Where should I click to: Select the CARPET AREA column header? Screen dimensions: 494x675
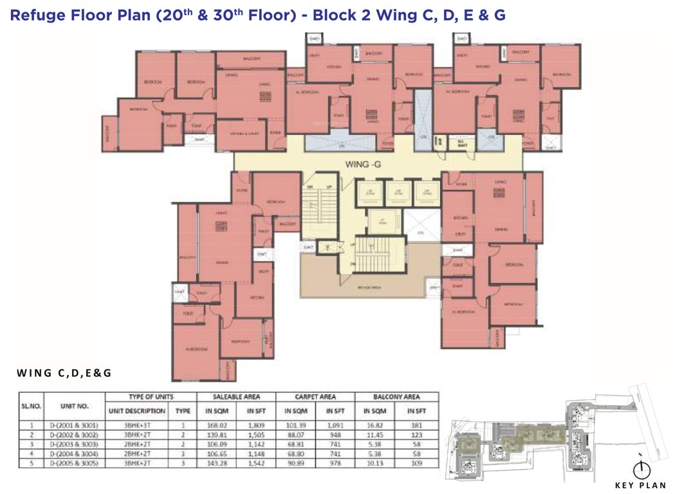click(315, 397)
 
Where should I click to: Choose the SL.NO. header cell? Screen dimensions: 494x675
click(30, 406)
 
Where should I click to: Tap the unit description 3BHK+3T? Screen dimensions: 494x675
click(136, 425)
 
